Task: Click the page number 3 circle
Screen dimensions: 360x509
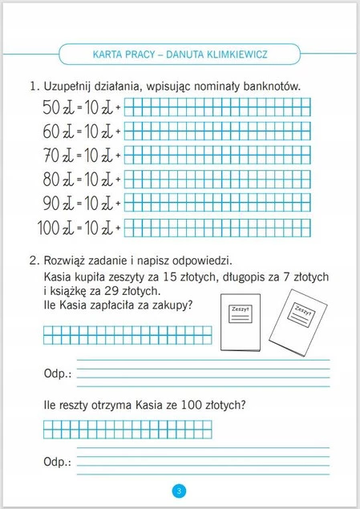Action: (179, 490)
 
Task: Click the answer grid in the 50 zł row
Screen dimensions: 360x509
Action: (219, 107)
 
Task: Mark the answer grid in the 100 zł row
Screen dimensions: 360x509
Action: (219, 227)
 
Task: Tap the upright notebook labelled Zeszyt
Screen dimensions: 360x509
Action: (240, 327)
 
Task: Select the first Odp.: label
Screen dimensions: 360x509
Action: (57, 374)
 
